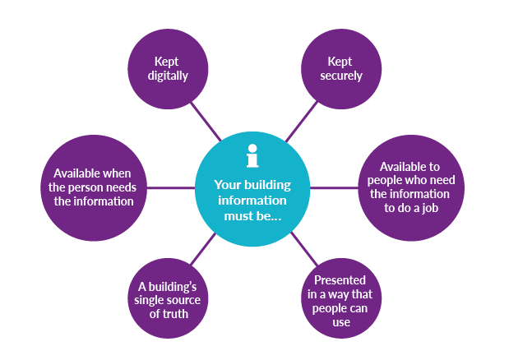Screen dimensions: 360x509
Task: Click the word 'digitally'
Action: tap(169, 76)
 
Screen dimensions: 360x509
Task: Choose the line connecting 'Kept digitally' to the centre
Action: tap(206, 122)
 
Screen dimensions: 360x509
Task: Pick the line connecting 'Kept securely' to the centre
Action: tap(300, 122)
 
